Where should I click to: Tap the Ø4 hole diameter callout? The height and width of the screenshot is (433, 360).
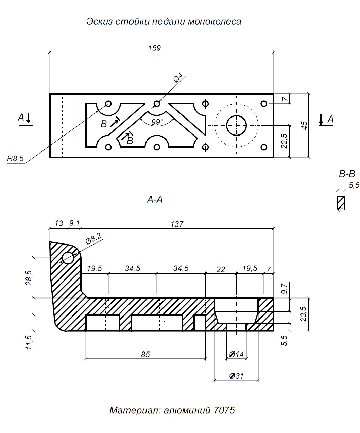click(178, 77)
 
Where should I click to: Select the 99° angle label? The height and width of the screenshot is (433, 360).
click(157, 122)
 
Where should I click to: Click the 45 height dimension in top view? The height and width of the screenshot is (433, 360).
click(305, 125)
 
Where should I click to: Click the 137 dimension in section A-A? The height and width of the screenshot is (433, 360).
click(177, 224)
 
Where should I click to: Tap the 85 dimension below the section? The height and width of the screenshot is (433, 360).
click(145, 355)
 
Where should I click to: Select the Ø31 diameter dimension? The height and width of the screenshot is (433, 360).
click(237, 376)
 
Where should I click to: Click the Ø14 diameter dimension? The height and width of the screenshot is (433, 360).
click(237, 355)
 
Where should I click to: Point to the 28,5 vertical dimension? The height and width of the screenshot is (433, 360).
click(29, 278)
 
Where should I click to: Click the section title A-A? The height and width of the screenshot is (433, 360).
click(155, 200)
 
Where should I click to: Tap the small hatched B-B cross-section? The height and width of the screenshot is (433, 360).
click(341, 203)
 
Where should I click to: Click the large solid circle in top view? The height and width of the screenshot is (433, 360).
click(237, 125)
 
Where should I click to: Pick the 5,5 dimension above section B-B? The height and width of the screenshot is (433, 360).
click(354, 185)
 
